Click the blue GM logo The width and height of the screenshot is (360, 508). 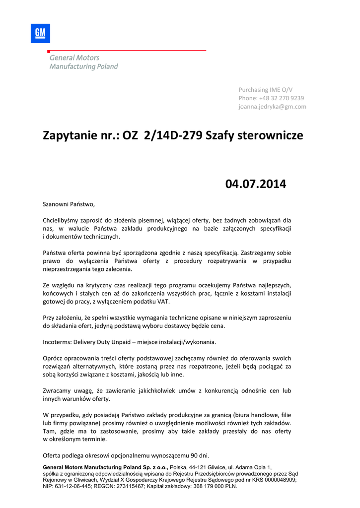point(40,33)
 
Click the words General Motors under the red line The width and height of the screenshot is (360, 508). point(74,58)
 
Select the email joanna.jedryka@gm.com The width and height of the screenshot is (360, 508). point(272,107)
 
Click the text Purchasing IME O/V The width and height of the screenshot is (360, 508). point(266,90)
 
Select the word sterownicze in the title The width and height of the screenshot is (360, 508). point(269,135)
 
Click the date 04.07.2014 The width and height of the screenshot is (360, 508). point(256,184)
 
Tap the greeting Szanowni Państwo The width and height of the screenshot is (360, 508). point(69,204)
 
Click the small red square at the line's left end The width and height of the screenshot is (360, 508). point(49,52)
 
